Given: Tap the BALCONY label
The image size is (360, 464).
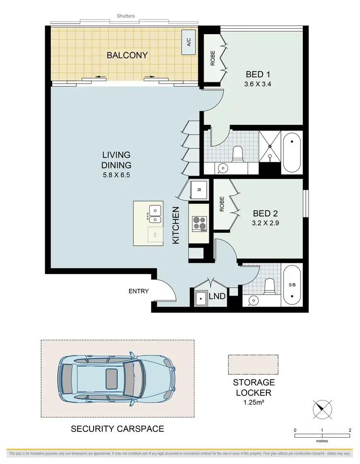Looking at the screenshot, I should [x=127, y=55].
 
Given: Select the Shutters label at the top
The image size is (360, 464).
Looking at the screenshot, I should [x=126, y=16].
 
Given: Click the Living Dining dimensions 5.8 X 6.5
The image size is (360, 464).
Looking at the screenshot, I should [x=116, y=175].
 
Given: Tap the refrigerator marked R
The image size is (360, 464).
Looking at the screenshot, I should [x=198, y=190].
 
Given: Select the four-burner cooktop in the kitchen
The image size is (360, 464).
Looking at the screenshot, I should [x=199, y=223].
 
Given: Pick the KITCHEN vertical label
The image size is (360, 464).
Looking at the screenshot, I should [x=176, y=226].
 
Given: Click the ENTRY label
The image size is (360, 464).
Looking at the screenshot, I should [x=139, y=291].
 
